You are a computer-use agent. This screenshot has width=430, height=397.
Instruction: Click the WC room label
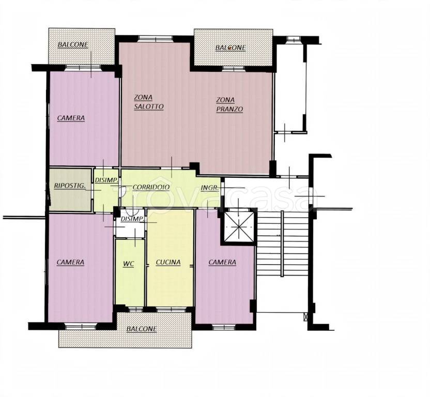[128, 264]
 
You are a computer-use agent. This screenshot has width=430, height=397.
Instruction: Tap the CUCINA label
[168, 262]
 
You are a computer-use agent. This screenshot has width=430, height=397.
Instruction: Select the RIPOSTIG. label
[70, 186]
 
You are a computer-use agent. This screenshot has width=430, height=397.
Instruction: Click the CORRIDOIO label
[151, 187]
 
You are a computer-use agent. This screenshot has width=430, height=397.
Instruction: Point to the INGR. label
[210, 188]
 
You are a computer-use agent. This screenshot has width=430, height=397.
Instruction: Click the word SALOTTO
[149, 106]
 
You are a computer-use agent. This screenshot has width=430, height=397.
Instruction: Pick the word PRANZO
[229, 109]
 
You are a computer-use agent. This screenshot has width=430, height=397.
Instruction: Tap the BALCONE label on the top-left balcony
[73, 45]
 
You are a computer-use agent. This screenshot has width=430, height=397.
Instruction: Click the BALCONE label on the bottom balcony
[142, 328]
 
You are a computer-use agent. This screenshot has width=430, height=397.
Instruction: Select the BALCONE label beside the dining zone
[231, 48]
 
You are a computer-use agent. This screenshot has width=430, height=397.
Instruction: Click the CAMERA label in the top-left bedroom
[71, 118]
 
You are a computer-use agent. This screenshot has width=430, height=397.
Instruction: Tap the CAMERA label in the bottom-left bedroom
[70, 262]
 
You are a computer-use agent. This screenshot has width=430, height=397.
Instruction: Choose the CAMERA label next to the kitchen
[222, 262]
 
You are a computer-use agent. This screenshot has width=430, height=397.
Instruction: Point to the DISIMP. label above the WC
[133, 219]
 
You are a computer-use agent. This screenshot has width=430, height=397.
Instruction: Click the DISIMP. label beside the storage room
[106, 180]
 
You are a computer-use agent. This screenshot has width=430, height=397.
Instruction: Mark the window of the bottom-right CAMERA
[224, 327]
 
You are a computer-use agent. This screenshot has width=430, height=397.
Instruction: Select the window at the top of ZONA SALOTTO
[155, 39]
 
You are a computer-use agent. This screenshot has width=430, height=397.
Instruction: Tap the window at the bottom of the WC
[135, 310]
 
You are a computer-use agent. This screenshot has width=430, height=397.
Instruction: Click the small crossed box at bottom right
[306, 317]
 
